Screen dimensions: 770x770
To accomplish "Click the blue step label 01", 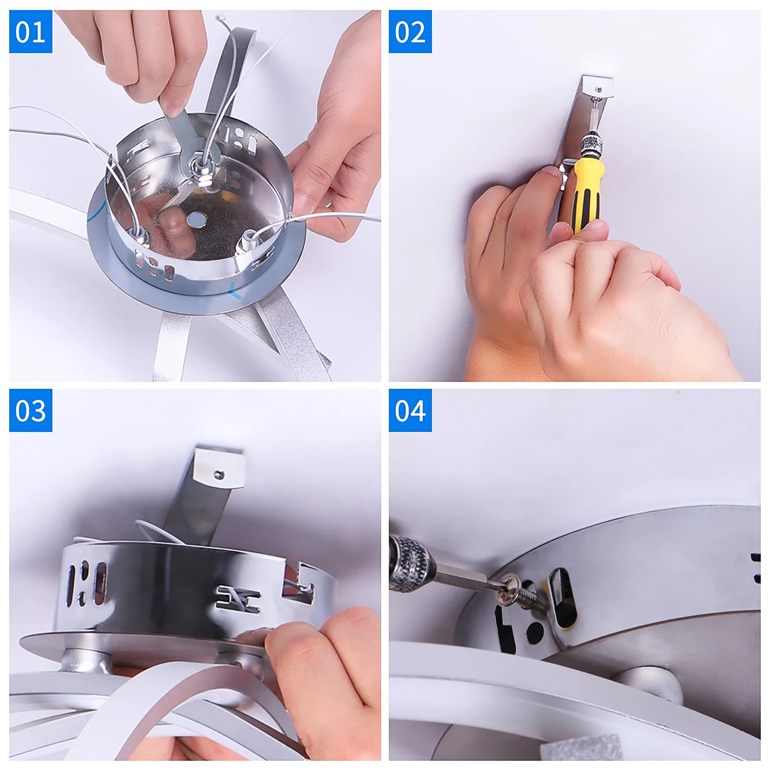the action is pyautogui.click(x=30, y=32).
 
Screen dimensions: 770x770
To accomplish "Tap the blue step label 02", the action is pyautogui.click(x=410, y=32).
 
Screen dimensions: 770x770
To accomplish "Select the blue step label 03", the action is pyautogui.click(x=30, y=411).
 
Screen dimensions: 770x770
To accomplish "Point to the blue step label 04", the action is pyautogui.click(x=410, y=411).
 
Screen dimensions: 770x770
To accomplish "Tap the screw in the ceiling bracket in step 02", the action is pyautogui.click(x=598, y=89).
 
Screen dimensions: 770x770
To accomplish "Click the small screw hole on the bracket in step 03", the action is pyautogui.click(x=218, y=475).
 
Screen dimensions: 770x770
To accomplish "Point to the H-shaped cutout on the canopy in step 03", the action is pyautogui.click(x=239, y=599).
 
